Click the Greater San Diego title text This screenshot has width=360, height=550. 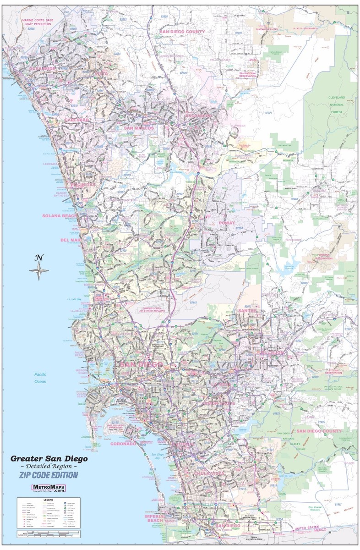click(49, 458)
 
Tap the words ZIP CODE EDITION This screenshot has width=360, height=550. click(48, 475)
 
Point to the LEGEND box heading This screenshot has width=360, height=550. click(48, 500)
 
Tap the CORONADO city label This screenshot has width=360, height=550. click(123, 444)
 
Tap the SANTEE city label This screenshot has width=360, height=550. click(247, 311)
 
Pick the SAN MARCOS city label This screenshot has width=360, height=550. click(136, 128)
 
